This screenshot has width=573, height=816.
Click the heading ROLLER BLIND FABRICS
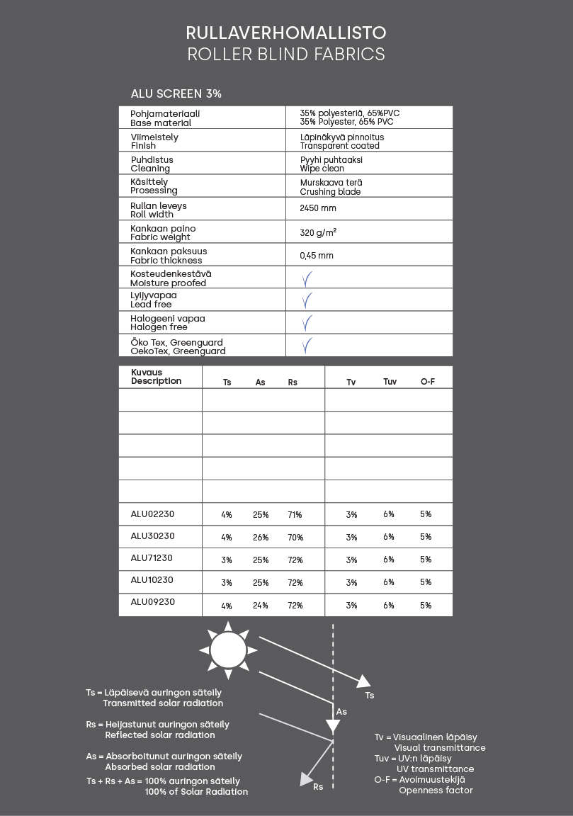pyautogui.click(x=286, y=54)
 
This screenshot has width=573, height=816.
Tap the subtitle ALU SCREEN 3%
pyautogui.click(x=176, y=93)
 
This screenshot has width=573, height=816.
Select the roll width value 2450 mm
pyautogui.click(x=318, y=208)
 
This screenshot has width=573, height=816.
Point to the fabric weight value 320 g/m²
pyautogui.click(x=318, y=232)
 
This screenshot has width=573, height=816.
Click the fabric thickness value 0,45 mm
pyautogui.click(x=317, y=255)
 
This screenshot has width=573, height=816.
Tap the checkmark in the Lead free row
pyautogui.click(x=307, y=300)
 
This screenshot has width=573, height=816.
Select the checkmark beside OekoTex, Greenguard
pyautogui.click(x=307, y=346)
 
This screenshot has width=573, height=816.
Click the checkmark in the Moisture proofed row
pyautogui.click(x=307, y=278)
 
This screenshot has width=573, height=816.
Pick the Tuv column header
pyautogui.click(x=390, y=382)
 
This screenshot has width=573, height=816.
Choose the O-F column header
pyautogui.click(x=427, y=382)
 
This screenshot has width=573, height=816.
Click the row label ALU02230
pyautogui.click(x=152, y=514)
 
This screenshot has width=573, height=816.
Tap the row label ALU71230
pyautogui.click(x=152, y=558)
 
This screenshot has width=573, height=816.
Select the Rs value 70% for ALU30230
pyautogui.click(x=295, y=538)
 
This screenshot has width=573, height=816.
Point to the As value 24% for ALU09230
pyautogui.click(x=261, y=606)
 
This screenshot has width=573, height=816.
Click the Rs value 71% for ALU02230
pyautogui.click(x=295, y=515)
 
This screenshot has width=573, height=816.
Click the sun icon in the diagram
pyautogui.click(x=228, y=650)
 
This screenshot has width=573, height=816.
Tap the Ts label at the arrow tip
pyautogui.click(x=370, y=696)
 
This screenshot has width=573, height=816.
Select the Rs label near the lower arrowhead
pyautogui.click(x=318, y=786)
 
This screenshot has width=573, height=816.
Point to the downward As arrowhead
pyautogui.click(x=332, y=726)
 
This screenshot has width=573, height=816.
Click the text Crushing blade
pyautogui.click(x=330, y=192)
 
